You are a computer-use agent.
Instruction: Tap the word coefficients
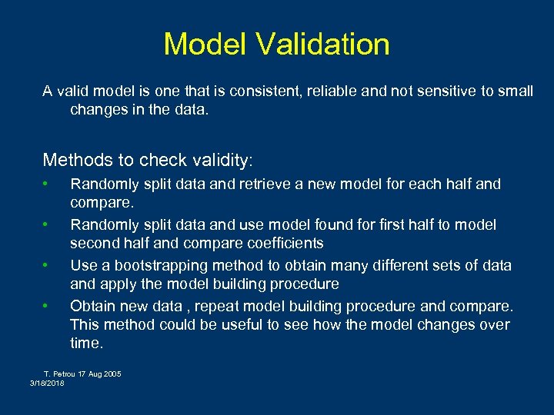[282, 243]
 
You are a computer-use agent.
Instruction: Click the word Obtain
[92, 307]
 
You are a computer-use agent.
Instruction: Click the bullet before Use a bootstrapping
[46, 265]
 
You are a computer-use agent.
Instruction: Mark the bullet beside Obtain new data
[46, 306]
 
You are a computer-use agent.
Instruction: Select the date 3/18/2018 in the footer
[47, 383]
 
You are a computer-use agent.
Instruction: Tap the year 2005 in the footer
[112, 374]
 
